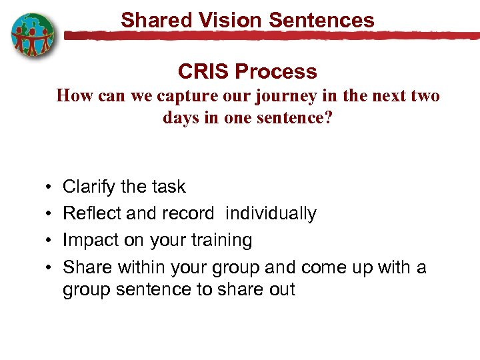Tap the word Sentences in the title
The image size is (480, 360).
(x=322, y=20)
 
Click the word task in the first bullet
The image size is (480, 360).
(x=168, y=187)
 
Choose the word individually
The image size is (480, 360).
(x=271, y=213)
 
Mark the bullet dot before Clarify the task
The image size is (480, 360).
(x=51, y=187)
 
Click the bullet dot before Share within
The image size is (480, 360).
(x=51, y=268)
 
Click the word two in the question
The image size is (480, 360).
(x=425, y=96)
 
